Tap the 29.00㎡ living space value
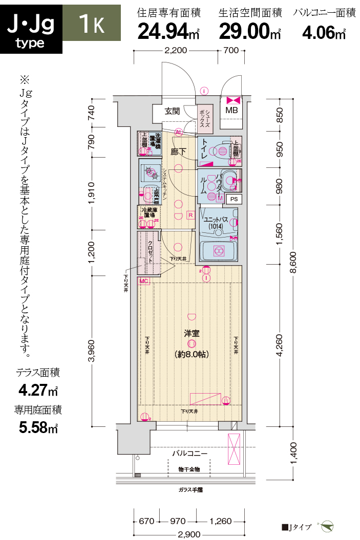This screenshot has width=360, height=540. (x=250, y=32)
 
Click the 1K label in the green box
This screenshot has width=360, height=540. (x=92, y=23)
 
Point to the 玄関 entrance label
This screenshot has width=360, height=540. (x=172, y=111)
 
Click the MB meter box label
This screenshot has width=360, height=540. (x=231, y=111)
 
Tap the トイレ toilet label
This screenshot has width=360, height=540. (x=205, y=149)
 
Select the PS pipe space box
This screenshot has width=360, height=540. (x=234, y=199)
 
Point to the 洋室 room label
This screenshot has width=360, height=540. (x=192, y=333)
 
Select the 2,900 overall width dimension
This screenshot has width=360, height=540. (x=190, y=534)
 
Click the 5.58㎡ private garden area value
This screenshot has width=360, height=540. (x=38, y=427)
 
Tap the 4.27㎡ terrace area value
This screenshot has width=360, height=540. (x=38, y=391)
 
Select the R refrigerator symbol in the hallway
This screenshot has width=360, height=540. (x=190, y=215)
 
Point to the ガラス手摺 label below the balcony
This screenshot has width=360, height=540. (x=190, y=490)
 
